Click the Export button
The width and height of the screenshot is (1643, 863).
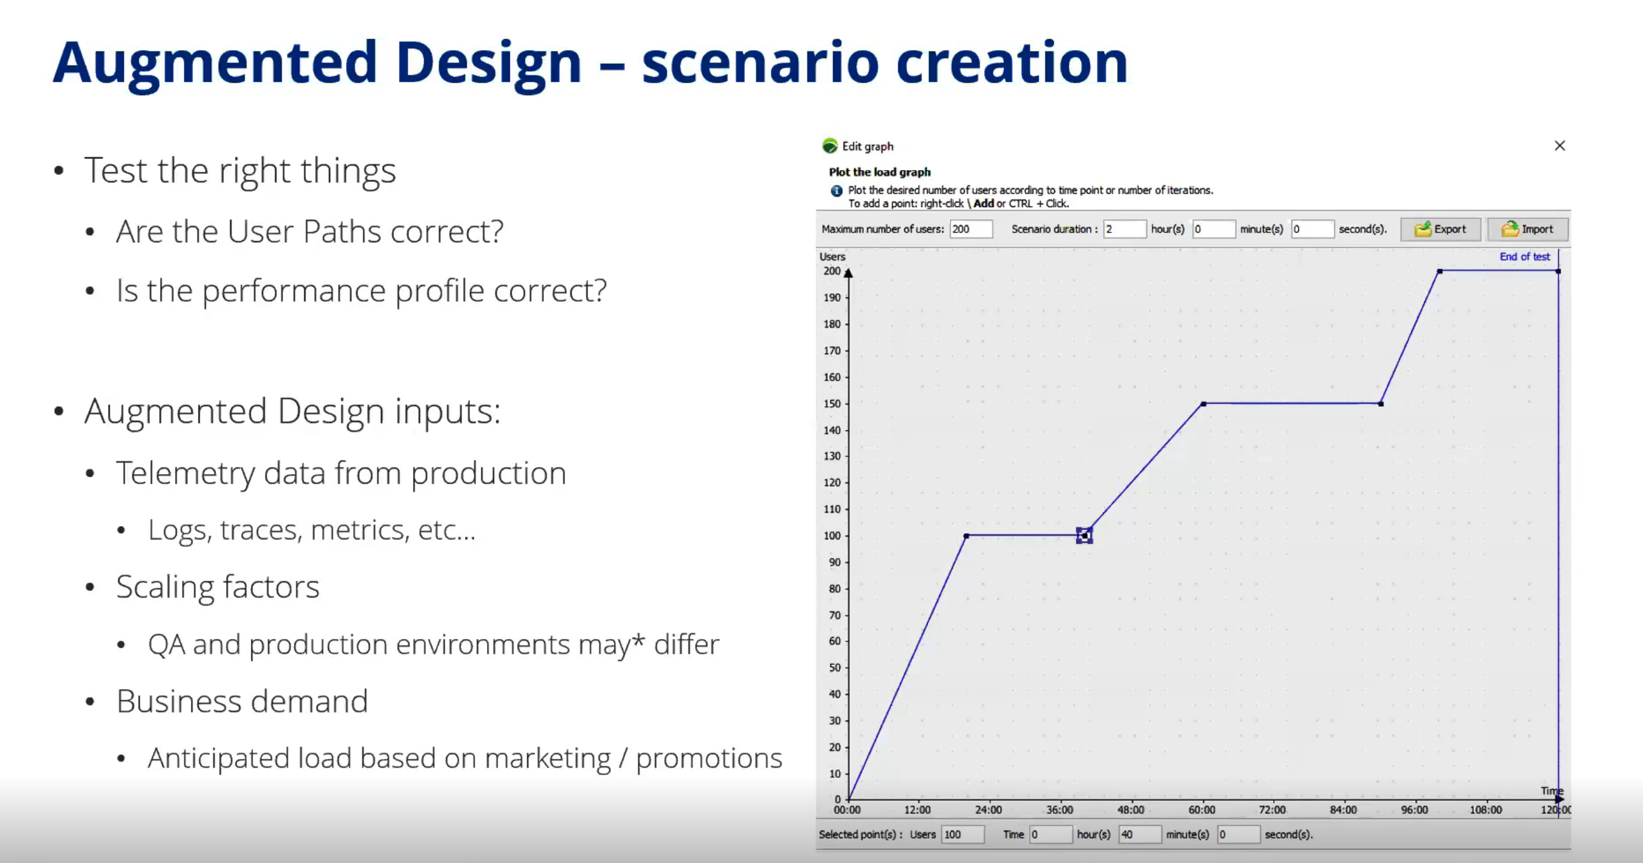(1440, 229)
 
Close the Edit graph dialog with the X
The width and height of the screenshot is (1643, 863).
(1560, 146)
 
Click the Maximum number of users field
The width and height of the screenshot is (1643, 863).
(971, 229)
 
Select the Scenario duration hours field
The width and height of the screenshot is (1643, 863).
(1124, 229)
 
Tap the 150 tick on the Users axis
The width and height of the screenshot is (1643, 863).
(832, 404)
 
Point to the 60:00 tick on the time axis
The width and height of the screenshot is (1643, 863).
(1201, 810)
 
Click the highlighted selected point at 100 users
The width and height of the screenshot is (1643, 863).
(1085, 536)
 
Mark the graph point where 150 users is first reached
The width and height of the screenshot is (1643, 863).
(1204, 404)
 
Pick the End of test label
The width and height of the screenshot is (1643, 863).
(1524, 256)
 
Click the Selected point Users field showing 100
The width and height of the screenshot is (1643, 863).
(963, 834)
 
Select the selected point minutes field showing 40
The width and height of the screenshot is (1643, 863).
(1140, 834)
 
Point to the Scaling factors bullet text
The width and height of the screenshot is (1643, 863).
(218, 588)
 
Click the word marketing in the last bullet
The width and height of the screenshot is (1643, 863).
(547, 759)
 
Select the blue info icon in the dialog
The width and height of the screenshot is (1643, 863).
(836, 191)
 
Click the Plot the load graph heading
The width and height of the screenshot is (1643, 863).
(880, 172)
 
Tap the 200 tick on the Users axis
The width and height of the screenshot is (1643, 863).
(832, 271)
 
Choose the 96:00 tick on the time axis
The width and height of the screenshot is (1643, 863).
(1414, 810)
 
